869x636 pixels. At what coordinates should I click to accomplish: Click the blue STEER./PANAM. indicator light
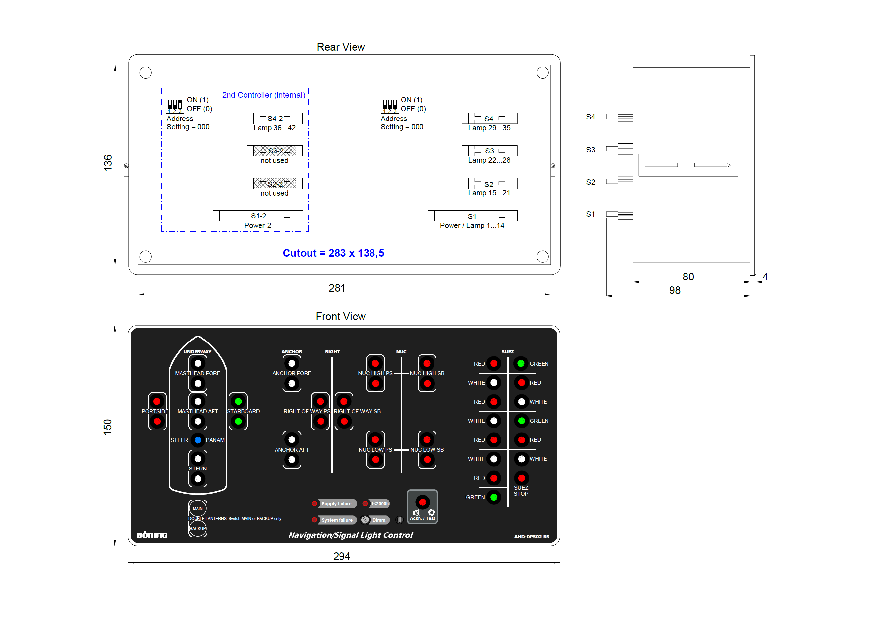[x=198, y=440]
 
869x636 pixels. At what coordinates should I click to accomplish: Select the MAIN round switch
[x=197, y=508]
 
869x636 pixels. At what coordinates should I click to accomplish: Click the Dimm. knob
[x=365, y=520]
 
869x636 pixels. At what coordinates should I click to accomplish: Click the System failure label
[x=337, y=520]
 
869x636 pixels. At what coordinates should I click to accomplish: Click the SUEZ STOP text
[x=521, y=490]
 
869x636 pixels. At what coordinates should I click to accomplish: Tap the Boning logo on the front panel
[x=152, y=535]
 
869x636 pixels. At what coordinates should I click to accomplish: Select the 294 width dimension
[x=341, y=556]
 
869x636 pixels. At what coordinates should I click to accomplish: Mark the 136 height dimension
[x=108, y=163]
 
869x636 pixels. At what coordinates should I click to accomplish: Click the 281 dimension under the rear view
[x=337, y=288]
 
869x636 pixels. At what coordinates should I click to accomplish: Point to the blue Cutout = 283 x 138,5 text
[x=333, y=253]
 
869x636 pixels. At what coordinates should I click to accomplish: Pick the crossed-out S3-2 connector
[x=275, y=151]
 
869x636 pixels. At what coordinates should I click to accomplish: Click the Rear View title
[x=340, y=47]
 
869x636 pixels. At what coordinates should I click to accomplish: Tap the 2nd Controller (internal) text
[x=264, y=95]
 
